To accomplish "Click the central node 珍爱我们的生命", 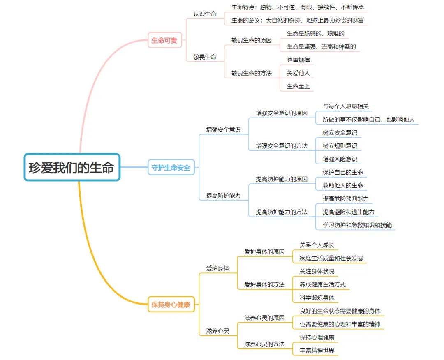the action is [72, 167].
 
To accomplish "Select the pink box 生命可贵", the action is [164, 40].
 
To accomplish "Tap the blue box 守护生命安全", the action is [171, 167].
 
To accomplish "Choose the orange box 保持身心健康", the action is [171, 305].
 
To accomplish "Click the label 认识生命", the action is [205, 14].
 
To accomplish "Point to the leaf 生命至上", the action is [298, 86].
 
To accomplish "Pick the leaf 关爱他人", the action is [298, 73].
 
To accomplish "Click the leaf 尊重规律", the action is [298, 60].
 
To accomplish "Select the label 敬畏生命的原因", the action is [251, 40].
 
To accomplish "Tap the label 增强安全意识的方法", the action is [281, 145].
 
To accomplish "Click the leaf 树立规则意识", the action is [340, 145].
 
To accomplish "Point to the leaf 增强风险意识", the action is [340, 159].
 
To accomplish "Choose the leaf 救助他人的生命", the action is [342, 185].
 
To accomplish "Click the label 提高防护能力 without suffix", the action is [223, 196].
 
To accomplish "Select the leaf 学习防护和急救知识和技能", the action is [357, 225].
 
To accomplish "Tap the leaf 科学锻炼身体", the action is [317, 298].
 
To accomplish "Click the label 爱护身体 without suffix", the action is [217, 268].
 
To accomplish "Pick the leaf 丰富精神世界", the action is [317, 351].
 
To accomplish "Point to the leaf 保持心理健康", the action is [317, 337].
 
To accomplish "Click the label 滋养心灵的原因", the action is [264, 318].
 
